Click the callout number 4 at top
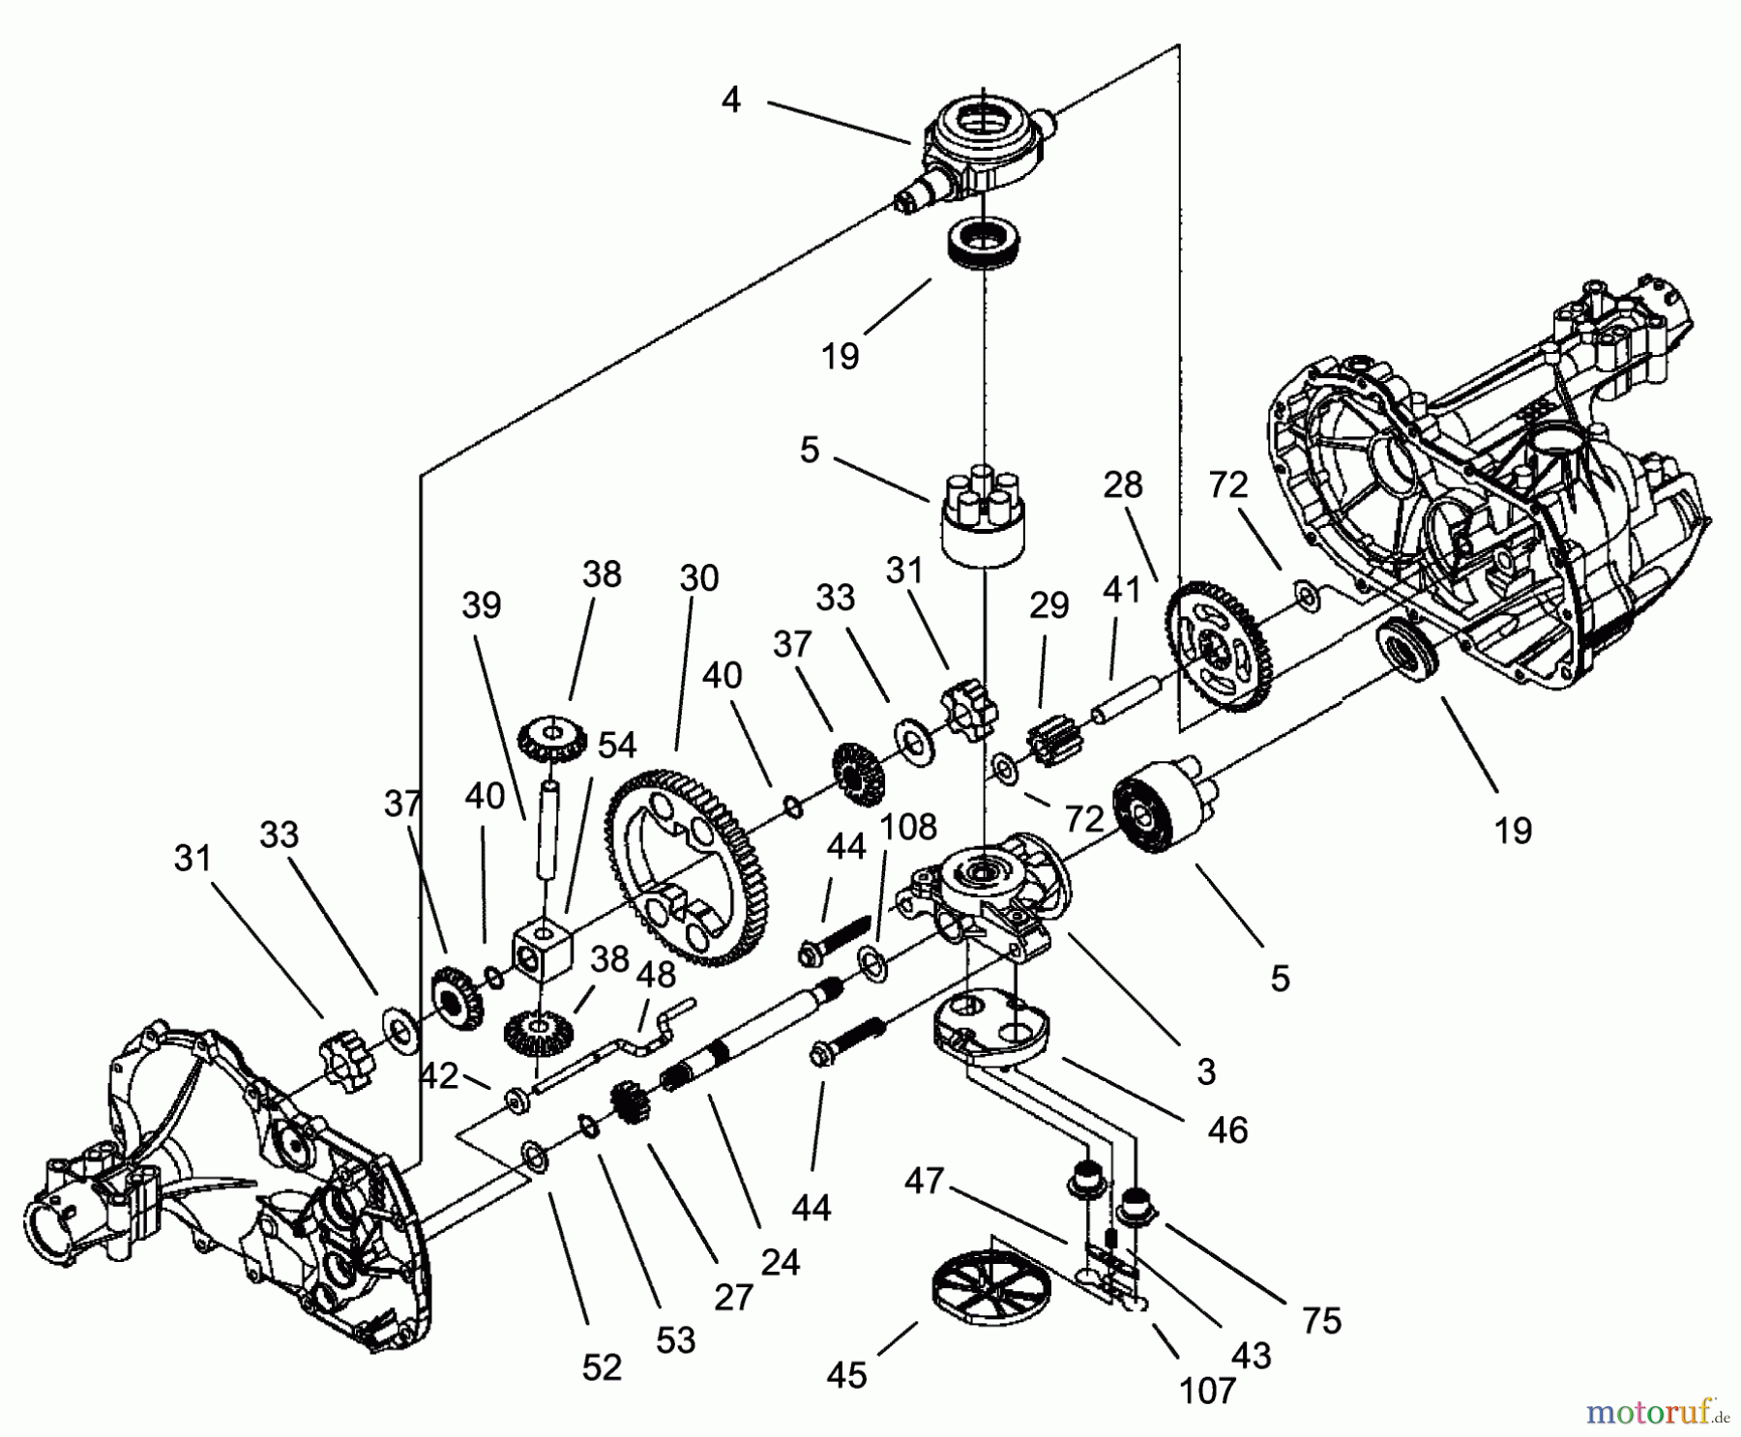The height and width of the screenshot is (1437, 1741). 730,99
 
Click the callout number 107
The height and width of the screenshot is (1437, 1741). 1208,1391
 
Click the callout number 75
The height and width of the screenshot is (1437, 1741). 1321,1320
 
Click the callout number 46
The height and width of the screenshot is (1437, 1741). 1227,1129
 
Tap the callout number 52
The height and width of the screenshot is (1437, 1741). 602,1367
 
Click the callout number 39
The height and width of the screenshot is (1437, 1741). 481,605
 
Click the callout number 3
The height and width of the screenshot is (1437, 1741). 1205,1071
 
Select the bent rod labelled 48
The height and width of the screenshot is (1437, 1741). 629,1045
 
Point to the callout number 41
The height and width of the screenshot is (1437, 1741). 1122,589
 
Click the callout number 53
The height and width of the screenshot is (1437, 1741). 675,1340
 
